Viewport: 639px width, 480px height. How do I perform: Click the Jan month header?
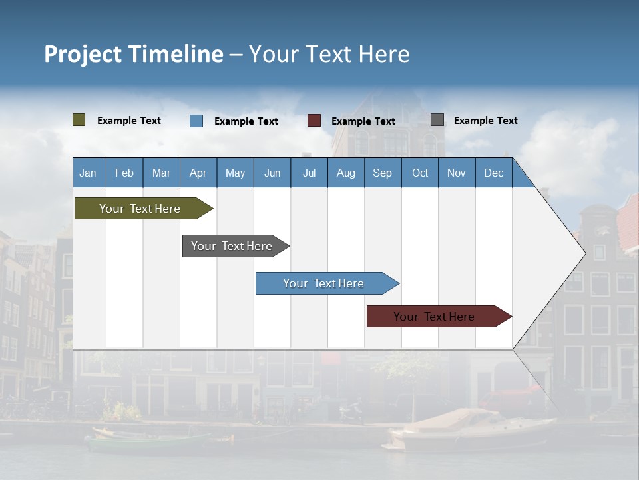(x=88, y=173)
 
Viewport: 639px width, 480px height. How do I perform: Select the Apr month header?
(x=198, y=173)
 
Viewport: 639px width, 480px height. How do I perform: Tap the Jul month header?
(x=309, y=173)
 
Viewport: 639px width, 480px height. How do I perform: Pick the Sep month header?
(x=382, y=173)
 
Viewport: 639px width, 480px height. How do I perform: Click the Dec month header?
(x=493, y=173)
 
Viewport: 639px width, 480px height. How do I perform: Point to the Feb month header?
(x=124, y=173)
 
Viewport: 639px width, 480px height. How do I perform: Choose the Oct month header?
(x=420, y=173)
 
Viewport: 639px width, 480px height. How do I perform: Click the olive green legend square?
(x=79, y=120)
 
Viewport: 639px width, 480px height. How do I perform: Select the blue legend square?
(x=196, y=121)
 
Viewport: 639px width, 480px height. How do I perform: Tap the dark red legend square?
(x=314, y=121)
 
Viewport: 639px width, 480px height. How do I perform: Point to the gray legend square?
(x=437, y=120)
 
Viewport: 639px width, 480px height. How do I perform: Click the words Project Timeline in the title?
(x=134, y=54)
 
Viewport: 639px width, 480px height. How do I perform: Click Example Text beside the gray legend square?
(x=485, y=121)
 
